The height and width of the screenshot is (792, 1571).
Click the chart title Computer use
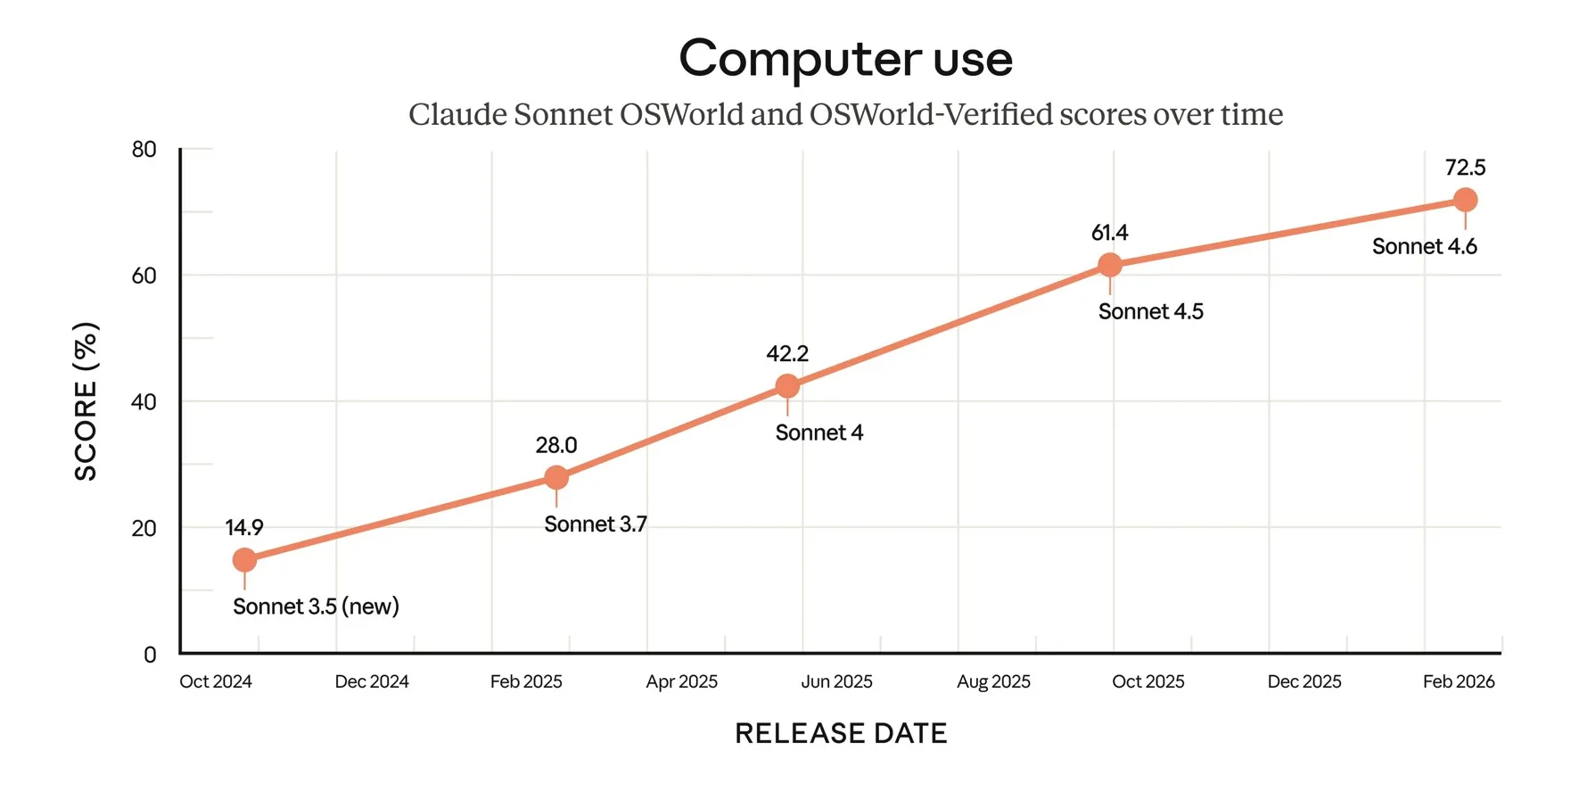(845, 59)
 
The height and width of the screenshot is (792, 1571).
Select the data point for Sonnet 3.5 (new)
(244, 560)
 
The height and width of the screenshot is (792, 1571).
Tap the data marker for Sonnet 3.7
(556, 478)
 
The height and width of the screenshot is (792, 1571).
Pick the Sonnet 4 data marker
(787, 386)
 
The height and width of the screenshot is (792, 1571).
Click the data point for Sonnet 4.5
(1110, 265)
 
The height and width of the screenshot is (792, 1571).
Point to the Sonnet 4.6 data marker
(1465, 200)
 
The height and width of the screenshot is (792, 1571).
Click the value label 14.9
(244, 527)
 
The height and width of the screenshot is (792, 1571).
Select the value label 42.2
(787, 353)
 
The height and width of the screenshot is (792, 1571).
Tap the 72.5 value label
(1465, 168)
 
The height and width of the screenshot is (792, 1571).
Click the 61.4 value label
(1110, 233)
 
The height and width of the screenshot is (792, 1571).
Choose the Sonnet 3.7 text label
(596, 524)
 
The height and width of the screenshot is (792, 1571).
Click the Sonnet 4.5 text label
(1150, 311)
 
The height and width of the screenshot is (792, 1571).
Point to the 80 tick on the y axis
(144, 150)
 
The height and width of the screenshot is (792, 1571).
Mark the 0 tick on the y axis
(150, 655)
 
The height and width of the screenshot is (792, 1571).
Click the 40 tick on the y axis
(144, 402)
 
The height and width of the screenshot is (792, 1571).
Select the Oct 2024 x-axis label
(216, 682)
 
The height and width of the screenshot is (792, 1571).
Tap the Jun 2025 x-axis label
(836, 682)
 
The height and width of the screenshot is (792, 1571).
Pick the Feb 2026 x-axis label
(1459, 682)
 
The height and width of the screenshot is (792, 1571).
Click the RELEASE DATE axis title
(841, 733)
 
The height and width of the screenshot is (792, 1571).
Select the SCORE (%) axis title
(86, 401)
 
